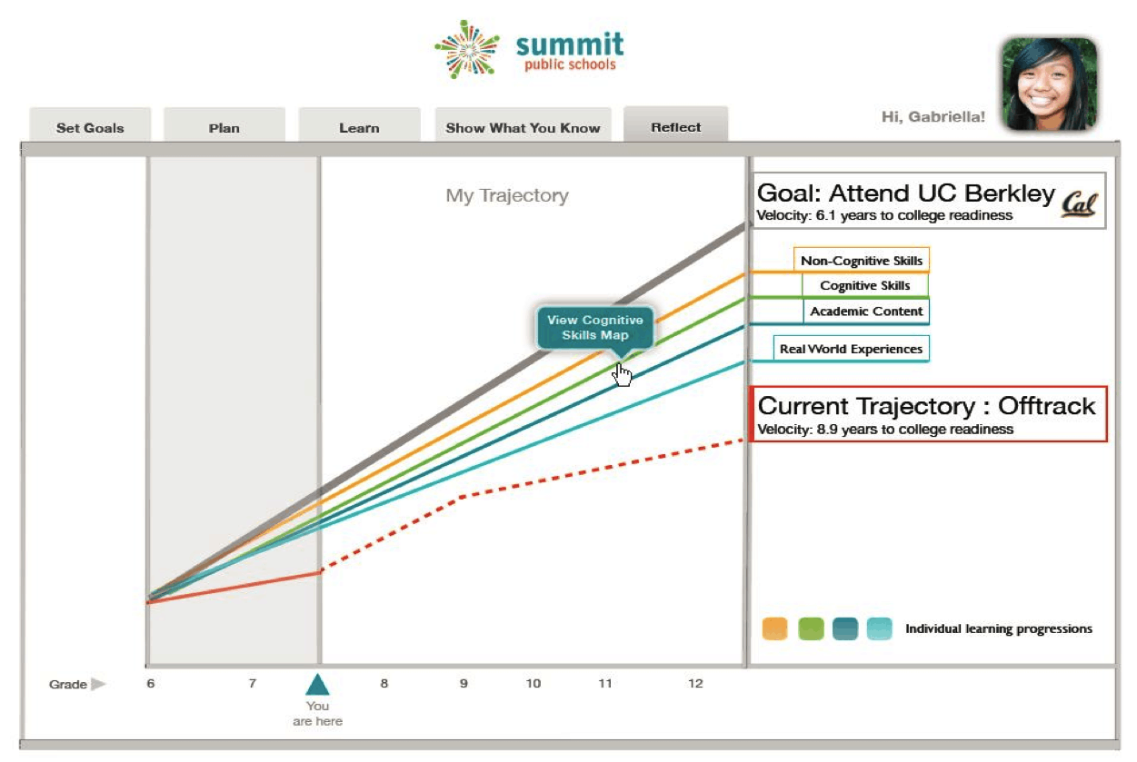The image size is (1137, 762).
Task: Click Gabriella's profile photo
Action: tap(1049, 84)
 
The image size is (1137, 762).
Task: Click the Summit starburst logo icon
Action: tap(467, 49)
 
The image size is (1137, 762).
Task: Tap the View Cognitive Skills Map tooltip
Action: tap(595, 329)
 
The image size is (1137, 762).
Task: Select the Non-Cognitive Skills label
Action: tap(862, 261)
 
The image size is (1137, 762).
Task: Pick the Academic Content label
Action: tap(866, 311)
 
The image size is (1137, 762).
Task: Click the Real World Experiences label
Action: tap(851, 349)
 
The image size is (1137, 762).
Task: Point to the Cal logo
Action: tap(1080, 204)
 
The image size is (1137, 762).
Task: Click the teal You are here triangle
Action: tap(317, 685)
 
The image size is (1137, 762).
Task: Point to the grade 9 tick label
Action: tap(464, 683)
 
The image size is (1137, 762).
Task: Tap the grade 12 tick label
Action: tap(695, 683)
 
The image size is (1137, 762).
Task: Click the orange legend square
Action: tap(774, 628)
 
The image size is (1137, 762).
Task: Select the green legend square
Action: tap(811, 628)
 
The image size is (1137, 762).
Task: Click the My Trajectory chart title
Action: tap(507, 195)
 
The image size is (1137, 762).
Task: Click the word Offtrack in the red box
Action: tap(1046, 406)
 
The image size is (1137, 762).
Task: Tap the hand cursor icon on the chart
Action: tap(622, 375)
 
